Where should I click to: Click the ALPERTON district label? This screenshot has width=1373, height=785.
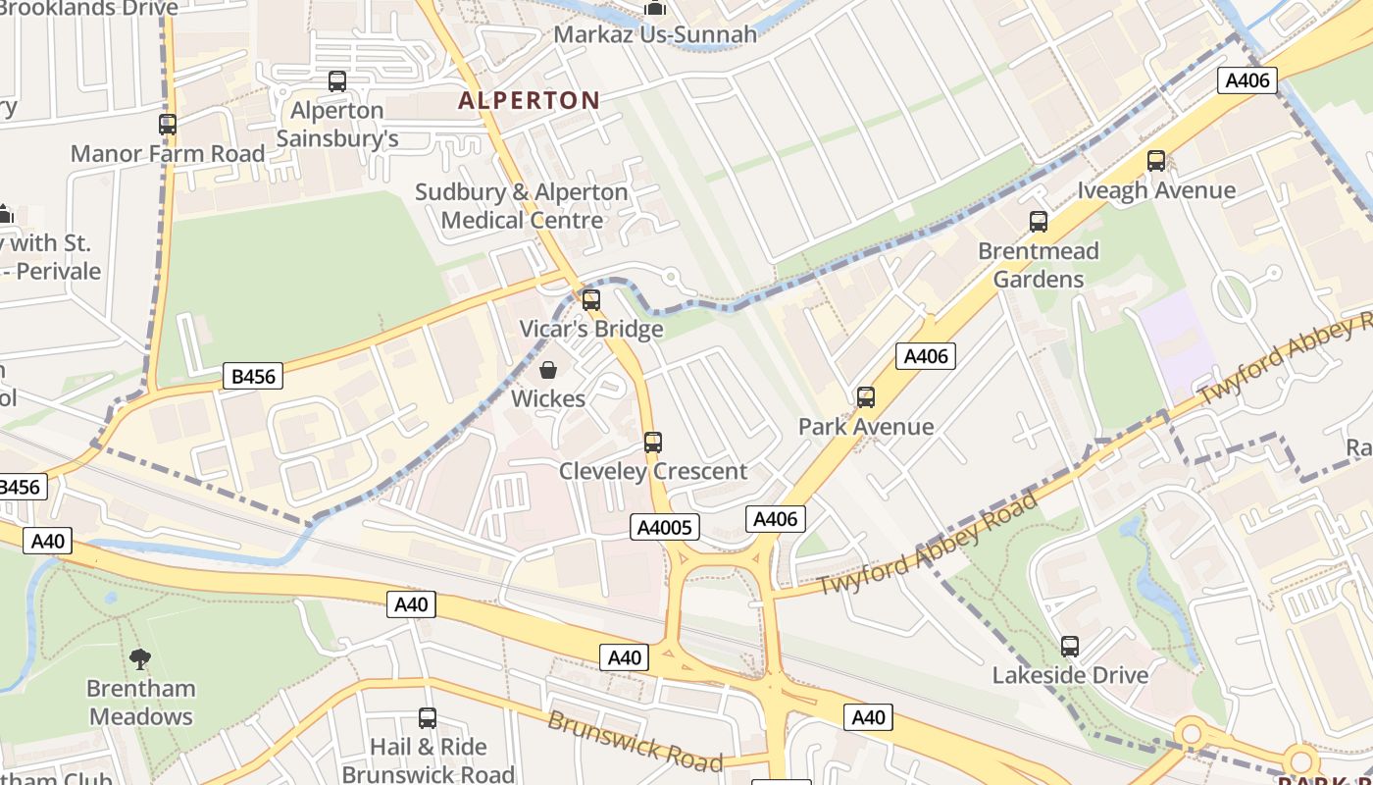529,100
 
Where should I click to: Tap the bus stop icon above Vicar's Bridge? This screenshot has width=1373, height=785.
590,300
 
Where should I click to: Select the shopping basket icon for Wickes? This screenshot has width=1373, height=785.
548,370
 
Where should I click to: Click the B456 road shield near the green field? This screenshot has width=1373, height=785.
252,376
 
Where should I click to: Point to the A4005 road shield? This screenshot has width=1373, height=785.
665,527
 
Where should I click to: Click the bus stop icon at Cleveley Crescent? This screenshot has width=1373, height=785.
653,443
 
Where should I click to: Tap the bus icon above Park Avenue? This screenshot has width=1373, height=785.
865,397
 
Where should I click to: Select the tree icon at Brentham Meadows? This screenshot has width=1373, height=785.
140,658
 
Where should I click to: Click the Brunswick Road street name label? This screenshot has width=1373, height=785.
635,740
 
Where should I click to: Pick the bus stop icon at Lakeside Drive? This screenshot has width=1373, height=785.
1069,647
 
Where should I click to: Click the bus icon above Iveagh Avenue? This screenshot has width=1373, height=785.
1156,161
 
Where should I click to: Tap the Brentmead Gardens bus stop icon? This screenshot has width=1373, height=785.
1038,222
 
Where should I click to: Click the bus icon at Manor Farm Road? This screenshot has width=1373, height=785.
168,125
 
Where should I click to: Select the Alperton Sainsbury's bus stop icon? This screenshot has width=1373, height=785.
336,81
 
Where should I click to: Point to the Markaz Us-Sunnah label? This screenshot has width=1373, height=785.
655,34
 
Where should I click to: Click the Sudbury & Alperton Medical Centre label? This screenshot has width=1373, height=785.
521,206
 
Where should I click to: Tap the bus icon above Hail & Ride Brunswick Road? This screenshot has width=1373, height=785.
427,718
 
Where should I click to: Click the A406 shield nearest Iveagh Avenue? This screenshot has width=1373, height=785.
1247,80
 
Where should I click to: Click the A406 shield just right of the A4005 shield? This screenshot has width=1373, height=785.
775,519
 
